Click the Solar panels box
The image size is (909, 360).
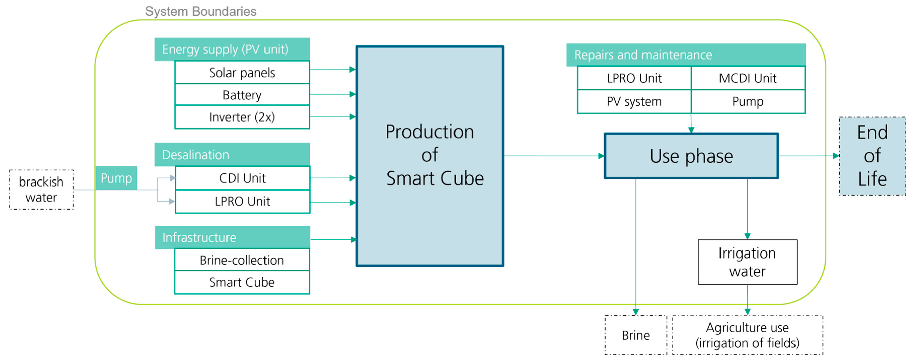pos(242,72)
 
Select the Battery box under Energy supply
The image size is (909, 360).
pos(242,95)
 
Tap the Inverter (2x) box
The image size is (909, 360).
pos(242,117)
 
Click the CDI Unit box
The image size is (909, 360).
pos(242,178)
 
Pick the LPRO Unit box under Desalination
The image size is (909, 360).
pos(242,201)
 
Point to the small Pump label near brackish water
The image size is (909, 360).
pos(116,178)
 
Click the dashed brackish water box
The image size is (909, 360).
pos(41,190)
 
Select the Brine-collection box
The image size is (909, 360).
pos(242,260)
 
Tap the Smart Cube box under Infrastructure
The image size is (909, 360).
pos(242,282)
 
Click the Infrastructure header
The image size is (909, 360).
pos(232,237)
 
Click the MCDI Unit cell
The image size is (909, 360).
pos(747,78)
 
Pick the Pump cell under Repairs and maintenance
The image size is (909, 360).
pos(747,101)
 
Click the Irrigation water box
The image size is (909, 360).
pos(747,262)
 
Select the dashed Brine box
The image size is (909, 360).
pos(635,335)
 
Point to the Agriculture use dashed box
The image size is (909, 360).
pos(747,335)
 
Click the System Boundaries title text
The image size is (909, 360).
pos(201,11)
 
